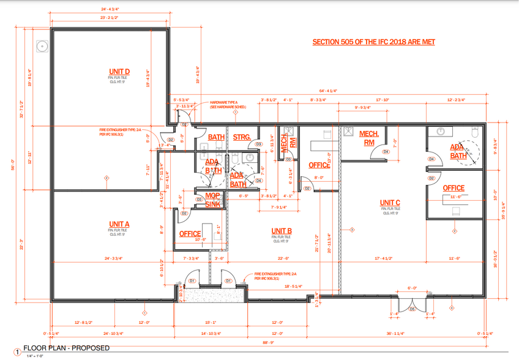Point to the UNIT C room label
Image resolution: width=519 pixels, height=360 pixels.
pyautogui.click(x=390, y=203)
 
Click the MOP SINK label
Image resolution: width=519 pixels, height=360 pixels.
pyautogui.click(x=212, y=201)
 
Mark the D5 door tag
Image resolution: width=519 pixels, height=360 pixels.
pyautogui.click(x=412, y=309)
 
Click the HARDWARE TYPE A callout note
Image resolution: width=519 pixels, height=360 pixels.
pyautogui.click(x=228, y=104)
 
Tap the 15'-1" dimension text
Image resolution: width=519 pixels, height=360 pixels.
pyautogui.click(x=211, y=322)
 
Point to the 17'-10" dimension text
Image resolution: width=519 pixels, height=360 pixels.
pyautogui.click(x=383, y=99)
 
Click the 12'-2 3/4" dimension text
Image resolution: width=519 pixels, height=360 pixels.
pyautogui.click(x=456, y=99)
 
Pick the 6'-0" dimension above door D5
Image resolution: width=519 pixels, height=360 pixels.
pyautogui.click(x=412, y=288)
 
